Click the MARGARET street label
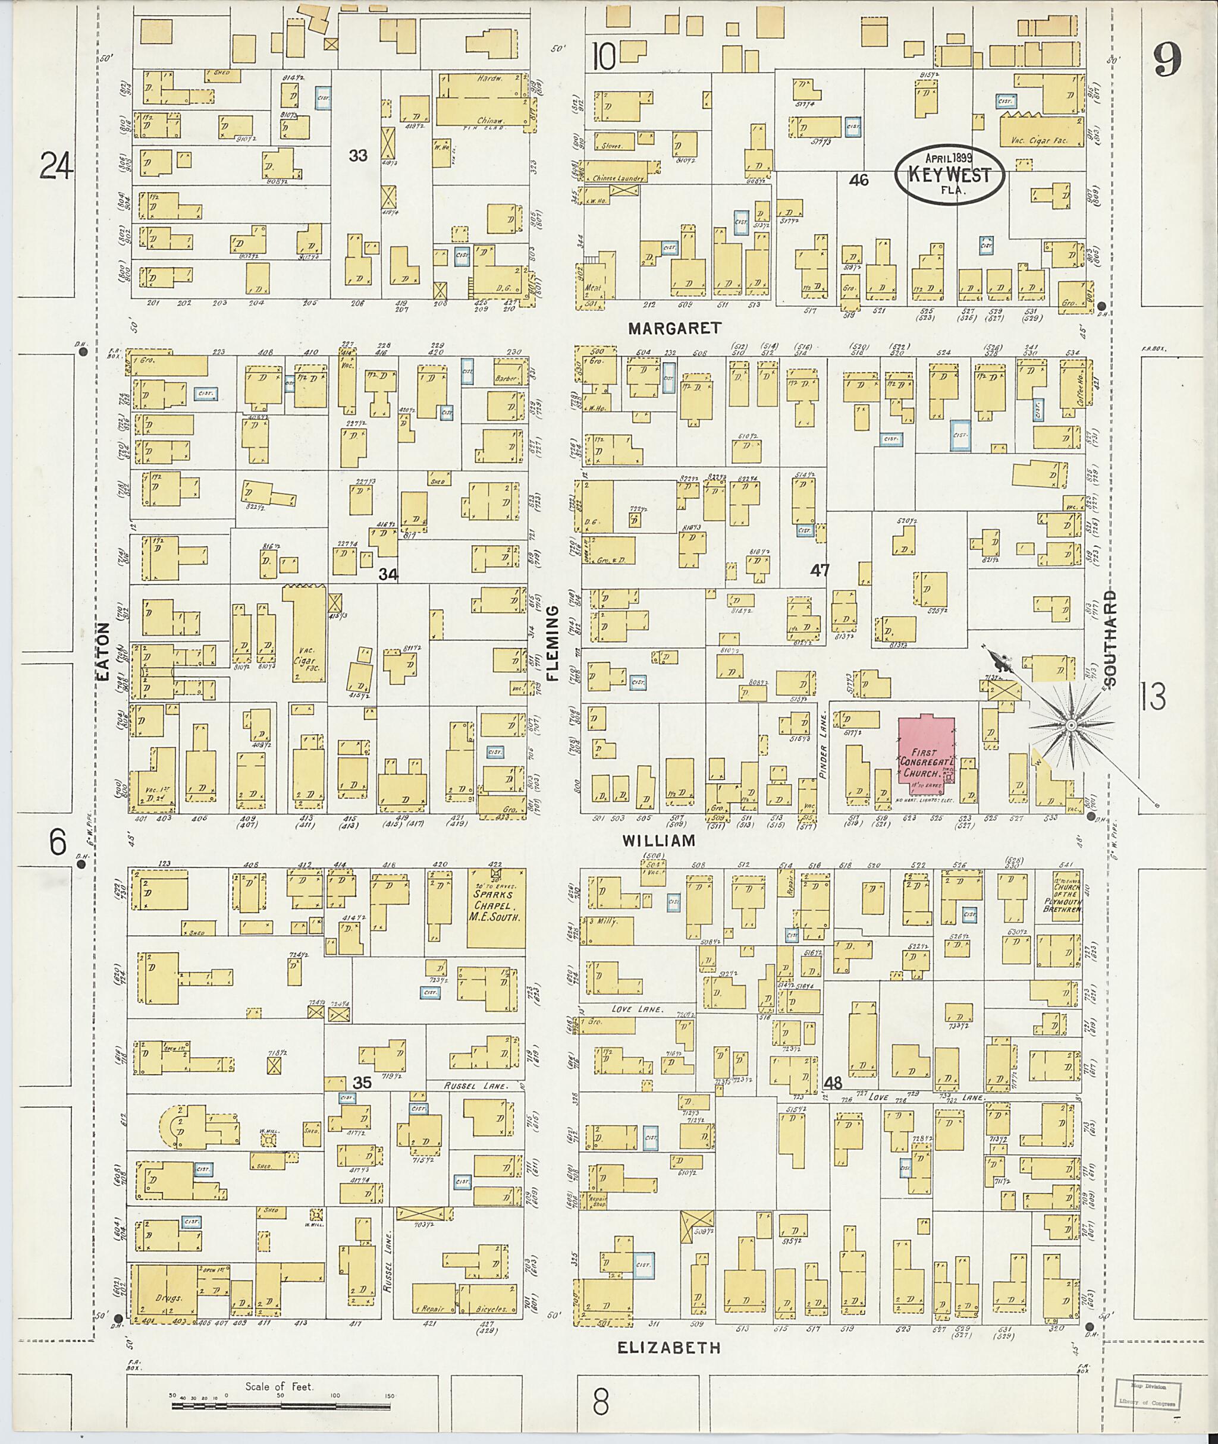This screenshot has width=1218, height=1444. pos(674,329)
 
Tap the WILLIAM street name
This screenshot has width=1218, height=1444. pos(657,841)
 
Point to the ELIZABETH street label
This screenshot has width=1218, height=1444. pos(668,1347)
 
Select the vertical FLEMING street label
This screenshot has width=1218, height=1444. pos(553,643)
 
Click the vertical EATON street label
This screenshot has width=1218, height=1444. pos(103,652)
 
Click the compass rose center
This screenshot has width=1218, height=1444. pos(1071,725)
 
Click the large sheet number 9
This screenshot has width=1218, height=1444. pos(1166,60)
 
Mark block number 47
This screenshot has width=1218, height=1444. pos(820,570)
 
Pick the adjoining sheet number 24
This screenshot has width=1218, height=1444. pos(56,166)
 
